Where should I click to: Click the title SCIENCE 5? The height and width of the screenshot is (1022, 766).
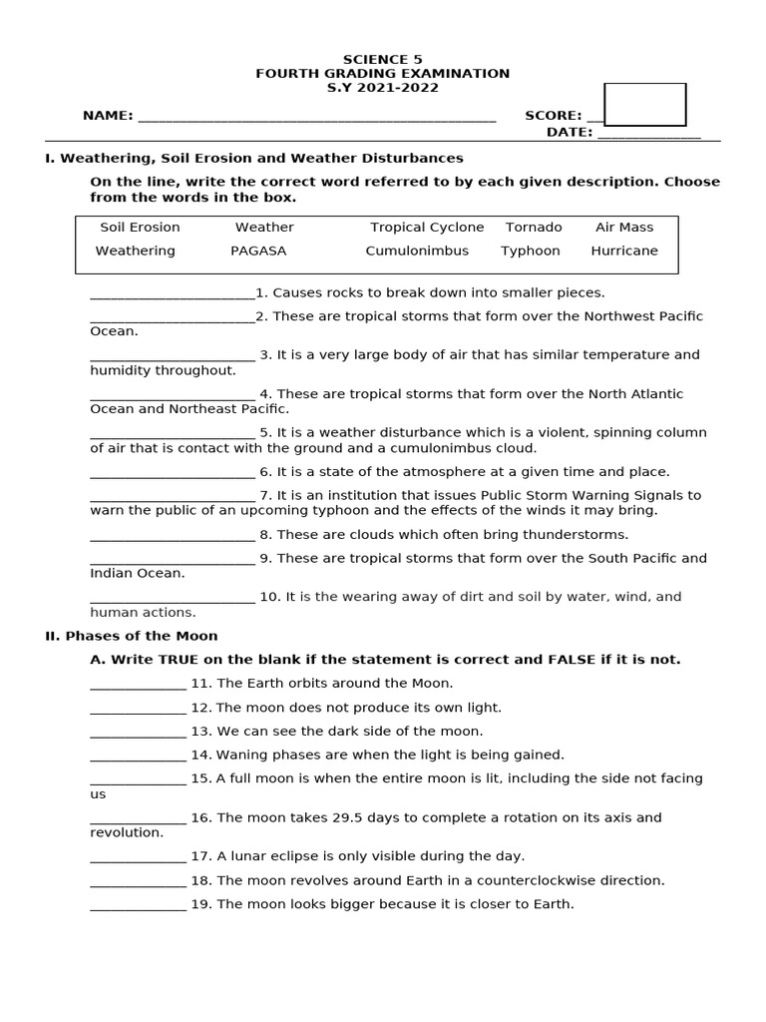(x=382, y=60)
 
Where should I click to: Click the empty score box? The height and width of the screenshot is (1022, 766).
(x=645, y=105)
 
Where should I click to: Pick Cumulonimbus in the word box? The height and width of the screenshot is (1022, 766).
(x=417, y=251)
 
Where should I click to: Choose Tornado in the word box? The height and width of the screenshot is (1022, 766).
(x=534, y=228)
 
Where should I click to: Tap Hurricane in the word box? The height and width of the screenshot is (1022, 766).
(x=624, y=251)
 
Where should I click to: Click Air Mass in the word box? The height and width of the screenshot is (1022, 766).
(x=624, y=228)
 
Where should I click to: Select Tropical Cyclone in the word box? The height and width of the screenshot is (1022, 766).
(x=427, y=228)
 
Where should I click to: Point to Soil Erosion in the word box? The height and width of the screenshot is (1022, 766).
(x=140, y=228)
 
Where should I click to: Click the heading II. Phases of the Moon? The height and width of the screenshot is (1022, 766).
(x=132, y=636)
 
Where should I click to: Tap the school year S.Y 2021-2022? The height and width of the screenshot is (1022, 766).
(x=382, y=88)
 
